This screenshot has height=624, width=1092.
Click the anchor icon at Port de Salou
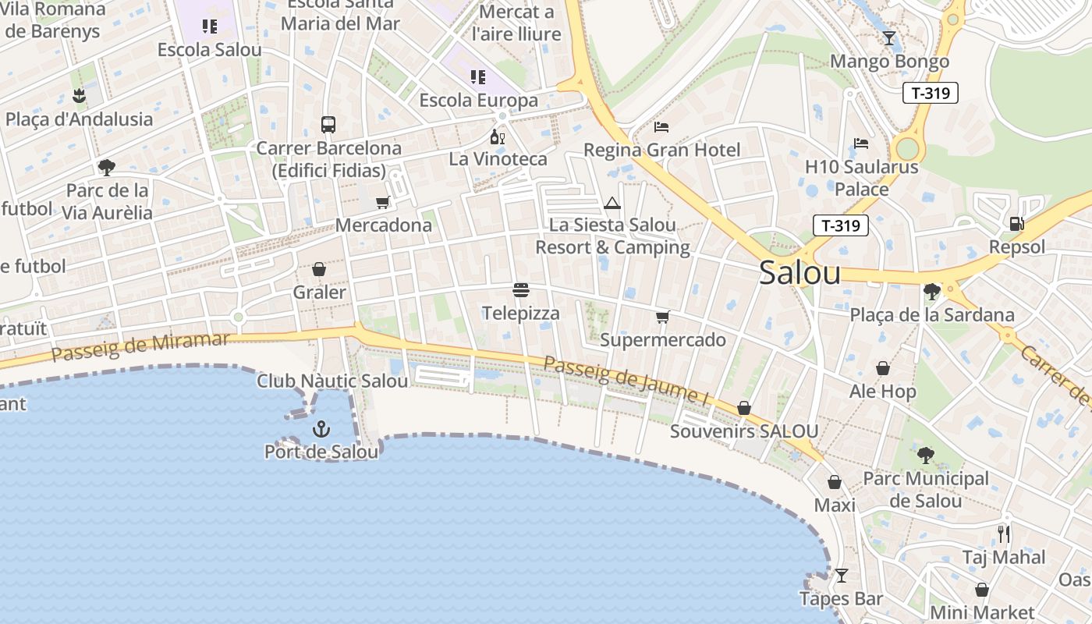321,429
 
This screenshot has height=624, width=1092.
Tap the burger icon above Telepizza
521,290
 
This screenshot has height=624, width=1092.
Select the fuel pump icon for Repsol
1016,224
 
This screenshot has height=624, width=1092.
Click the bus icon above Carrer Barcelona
328,125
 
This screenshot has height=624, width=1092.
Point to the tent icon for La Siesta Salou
612,204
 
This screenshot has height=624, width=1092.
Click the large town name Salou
799,273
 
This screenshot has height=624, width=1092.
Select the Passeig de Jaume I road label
626,380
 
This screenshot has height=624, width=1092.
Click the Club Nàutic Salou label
332,381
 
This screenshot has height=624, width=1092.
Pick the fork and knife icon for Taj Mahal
1004,534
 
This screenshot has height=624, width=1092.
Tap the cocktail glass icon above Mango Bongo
889,38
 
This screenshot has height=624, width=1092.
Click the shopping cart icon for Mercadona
383,203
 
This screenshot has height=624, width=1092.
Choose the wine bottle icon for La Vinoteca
497,137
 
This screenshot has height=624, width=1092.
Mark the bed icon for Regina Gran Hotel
661,127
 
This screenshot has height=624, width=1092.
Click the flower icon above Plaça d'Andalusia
78,97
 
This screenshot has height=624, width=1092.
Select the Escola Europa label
478,101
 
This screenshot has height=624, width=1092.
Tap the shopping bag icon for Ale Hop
883,368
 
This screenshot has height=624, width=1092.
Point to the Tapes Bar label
841,599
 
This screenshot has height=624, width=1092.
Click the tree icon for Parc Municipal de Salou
926,455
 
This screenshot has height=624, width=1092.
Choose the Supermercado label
662,340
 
